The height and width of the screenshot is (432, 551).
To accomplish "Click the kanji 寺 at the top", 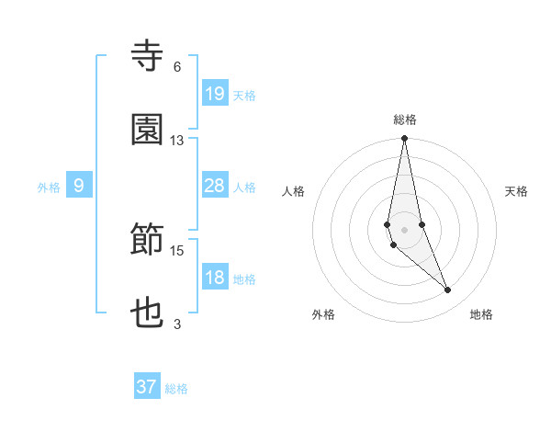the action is (x=147, y=56).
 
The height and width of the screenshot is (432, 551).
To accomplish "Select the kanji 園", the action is (x=147, y=131).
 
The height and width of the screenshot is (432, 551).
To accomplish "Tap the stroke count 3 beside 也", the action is (x=176, y=324).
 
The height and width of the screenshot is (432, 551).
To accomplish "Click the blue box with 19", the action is (x=214, y=93).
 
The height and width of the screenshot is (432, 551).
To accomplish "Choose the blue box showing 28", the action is (x=214, y=186).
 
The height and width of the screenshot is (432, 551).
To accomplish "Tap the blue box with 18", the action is (x=214, y=278).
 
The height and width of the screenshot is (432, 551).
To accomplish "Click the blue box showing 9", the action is (x=79, y=186).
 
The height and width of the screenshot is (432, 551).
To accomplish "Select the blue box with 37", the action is (x=147, y=387).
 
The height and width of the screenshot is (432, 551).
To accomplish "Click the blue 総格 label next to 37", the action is (x=176, y=389).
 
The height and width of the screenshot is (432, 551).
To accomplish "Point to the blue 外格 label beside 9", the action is (x=49, y=188).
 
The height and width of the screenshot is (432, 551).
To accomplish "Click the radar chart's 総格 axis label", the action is (x=404, y=119).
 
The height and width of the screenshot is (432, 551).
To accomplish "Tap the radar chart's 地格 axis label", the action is (x=481, y=315).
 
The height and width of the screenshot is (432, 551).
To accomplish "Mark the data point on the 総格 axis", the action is (x=404, y=139).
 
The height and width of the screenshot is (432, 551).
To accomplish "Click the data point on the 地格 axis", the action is (x=448, y=290).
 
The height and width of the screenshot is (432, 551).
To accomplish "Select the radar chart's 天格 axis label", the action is (x=517, y=191).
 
